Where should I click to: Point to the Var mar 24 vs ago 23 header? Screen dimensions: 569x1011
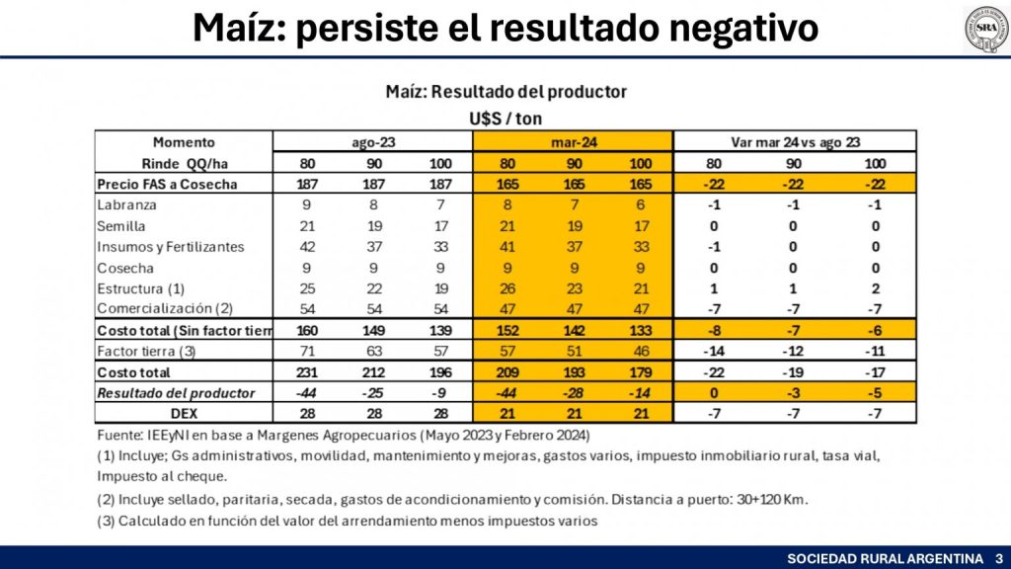(795, 142)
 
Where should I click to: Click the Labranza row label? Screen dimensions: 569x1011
(127, 205)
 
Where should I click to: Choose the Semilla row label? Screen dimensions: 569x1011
(123, 226)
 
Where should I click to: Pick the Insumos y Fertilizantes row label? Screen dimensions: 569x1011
(171, 247)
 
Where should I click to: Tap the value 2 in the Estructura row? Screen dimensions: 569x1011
(874, 288)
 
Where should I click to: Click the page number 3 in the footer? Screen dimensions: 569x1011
(998, 558)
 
